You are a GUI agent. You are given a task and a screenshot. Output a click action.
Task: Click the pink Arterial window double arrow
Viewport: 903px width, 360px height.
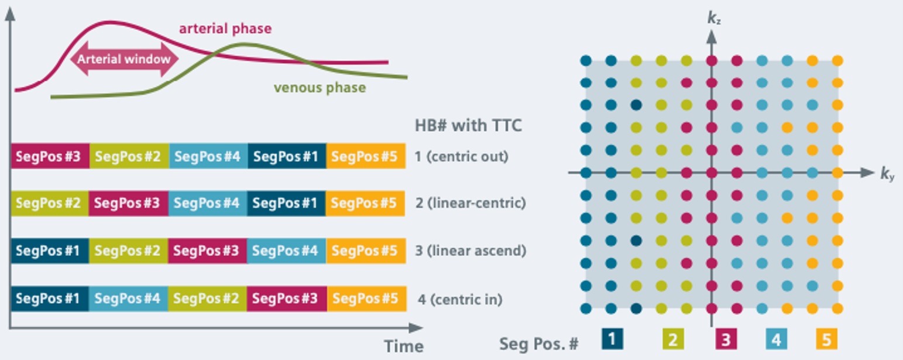pos(125,59)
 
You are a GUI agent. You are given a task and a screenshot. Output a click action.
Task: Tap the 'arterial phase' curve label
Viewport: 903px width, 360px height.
pos(225,28)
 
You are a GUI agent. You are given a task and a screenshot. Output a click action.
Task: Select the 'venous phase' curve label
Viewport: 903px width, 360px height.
pos(320,88)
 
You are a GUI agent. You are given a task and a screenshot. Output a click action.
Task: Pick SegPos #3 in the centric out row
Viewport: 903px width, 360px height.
pos(50,156)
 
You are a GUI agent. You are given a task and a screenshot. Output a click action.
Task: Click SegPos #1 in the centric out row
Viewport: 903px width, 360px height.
pos(287,156)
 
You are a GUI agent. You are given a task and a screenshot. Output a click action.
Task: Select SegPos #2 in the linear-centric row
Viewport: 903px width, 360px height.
pos(50,203)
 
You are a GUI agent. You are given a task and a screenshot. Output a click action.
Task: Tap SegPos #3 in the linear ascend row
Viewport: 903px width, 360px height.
pos(207,251)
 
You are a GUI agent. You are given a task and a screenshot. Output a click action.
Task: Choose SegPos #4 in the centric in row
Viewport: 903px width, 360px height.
pos(128,298)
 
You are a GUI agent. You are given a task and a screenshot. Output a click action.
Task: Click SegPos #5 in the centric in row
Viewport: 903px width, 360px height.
pos(366,298)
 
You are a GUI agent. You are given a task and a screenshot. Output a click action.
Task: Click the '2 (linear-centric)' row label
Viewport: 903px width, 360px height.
pos(470,203)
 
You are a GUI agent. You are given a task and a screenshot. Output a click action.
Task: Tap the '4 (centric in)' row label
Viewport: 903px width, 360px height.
pos(460,299)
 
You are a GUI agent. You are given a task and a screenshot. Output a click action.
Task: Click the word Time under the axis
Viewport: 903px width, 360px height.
pos(403,346)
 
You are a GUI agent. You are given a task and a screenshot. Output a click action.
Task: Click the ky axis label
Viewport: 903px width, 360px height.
pos(888,174)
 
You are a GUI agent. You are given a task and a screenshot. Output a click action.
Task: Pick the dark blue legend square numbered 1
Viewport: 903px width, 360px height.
pos(612,339)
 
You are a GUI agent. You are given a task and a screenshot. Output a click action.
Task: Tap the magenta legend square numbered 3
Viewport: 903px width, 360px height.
pos(726,339)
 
